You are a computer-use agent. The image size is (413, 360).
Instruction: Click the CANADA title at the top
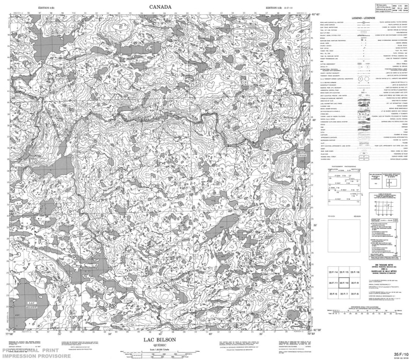click(x=160, y=7)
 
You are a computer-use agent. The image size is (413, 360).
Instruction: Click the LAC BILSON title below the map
click(x=160, y=339)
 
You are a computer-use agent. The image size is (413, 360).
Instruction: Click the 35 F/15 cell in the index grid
click(x=344, y=272)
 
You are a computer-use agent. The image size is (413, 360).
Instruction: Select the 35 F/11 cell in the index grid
click(x=333, y=283)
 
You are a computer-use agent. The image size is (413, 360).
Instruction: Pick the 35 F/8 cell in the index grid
click(x=355, y=293)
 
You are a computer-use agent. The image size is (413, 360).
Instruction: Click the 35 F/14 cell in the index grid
click(x=333, y=272)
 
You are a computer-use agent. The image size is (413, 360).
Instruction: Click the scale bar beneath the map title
click(x=160, y=355)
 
